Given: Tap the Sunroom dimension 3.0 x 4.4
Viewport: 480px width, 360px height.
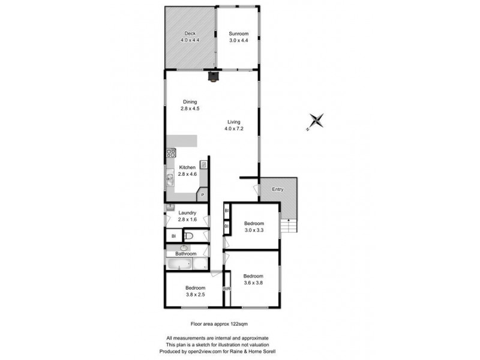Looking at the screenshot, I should pos(238,40).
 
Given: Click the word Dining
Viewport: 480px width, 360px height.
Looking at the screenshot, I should pos(190,102).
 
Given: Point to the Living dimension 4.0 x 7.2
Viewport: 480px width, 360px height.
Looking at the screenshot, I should pos(233,128).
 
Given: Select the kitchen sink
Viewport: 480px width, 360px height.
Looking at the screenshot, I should pos(170,177).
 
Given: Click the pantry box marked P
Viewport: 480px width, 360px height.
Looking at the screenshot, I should pos(203,195).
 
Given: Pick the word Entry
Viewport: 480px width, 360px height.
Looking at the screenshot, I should pos(277,190).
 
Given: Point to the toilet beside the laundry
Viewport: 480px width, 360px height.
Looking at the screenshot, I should pos(188,236).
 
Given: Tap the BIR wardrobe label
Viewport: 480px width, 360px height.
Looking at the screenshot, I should pos(227,289).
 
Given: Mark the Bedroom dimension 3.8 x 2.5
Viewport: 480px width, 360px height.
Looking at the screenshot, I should pos(196,295).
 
